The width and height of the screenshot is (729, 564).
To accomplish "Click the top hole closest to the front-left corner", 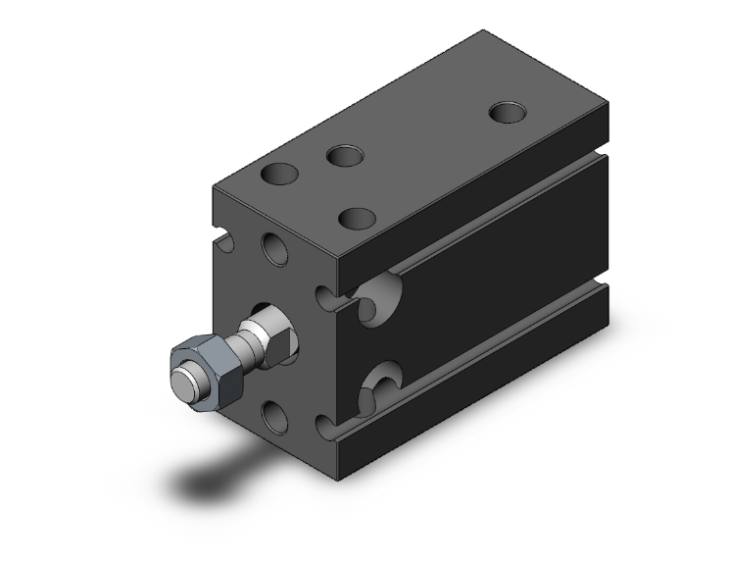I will coord(279,177).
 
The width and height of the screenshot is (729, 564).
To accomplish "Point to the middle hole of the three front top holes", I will coord(344,155).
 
